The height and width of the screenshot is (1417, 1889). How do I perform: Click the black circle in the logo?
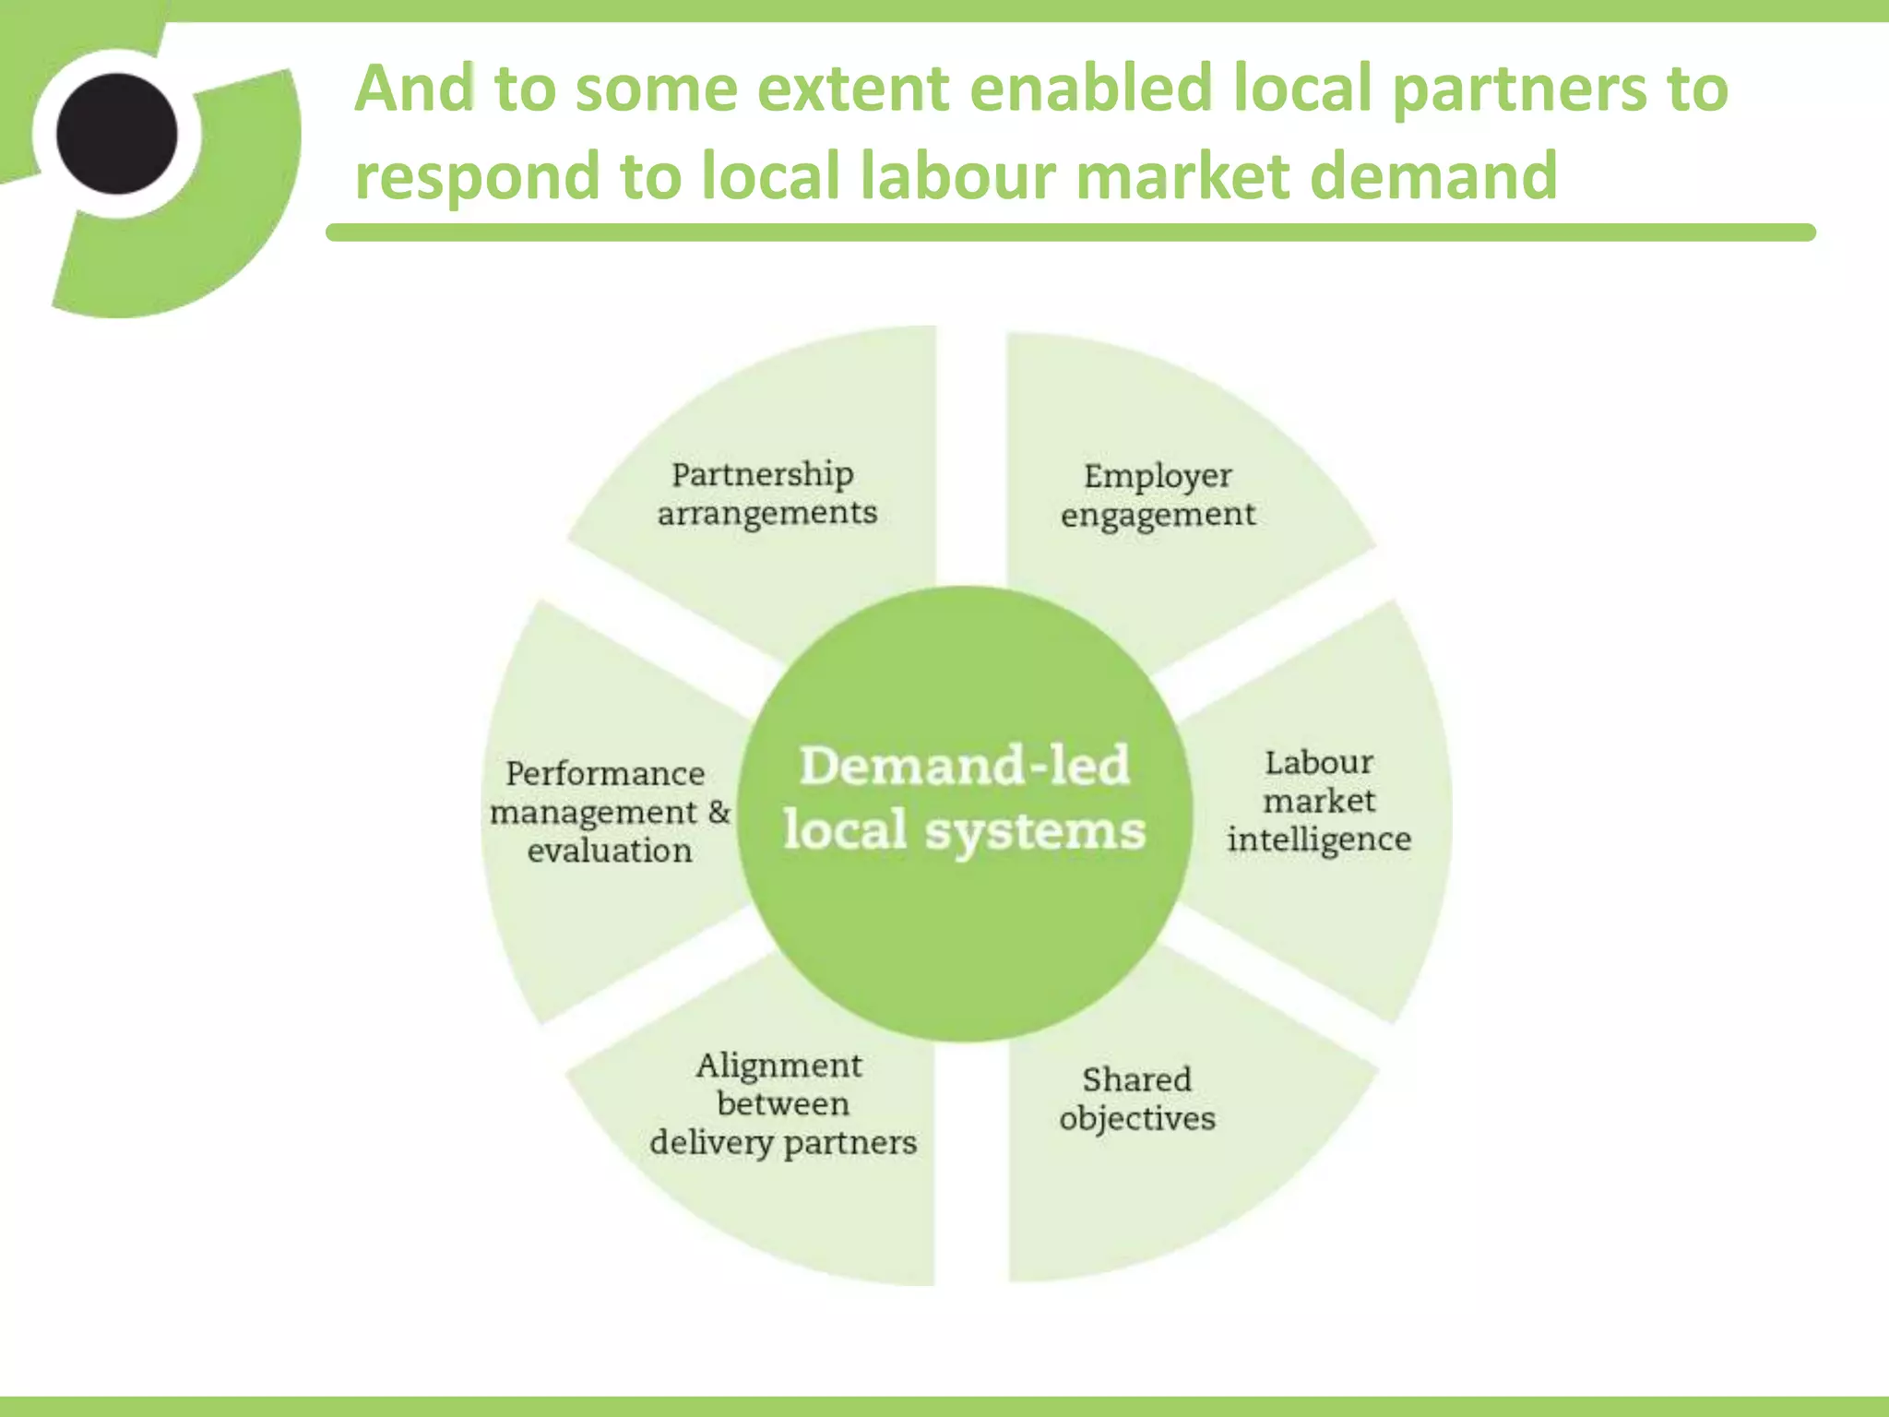pos(116,134)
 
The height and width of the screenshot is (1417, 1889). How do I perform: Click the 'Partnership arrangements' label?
pos(766,494)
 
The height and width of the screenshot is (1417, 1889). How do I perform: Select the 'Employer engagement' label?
pos(1158,495)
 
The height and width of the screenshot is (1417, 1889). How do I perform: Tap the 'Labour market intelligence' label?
pos(1319,801)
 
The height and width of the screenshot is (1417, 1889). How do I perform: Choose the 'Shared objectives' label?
pos(1137,1099)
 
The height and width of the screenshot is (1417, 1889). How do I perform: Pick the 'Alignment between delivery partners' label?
pos(782,1103)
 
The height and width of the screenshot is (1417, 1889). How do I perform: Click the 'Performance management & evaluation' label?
pos(609,812)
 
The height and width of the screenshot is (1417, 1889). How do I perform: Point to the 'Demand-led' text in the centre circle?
pos(964,766)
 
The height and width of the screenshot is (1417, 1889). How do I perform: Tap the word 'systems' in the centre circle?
pos(1034,830)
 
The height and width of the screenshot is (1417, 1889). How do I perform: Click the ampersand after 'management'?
pos(719,812)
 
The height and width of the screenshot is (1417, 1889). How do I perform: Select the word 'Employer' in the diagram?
pos(1158,476)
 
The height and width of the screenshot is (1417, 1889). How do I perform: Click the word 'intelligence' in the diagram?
pos(1319,839)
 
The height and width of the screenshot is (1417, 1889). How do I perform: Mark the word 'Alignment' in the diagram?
pos(779,1066)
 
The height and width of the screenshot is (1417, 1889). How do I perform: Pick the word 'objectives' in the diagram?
pos(1137,1119)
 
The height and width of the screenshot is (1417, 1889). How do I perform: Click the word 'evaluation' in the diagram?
pos(610,851)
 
